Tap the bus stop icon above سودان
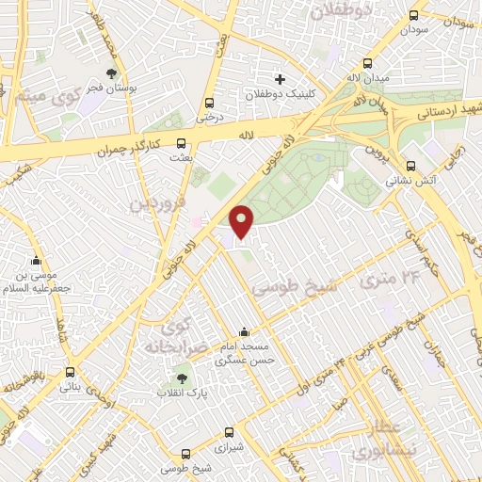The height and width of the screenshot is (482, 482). coord(414,15)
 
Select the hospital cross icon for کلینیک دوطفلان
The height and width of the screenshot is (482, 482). coord(280,78)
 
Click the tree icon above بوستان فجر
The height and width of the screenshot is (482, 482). coord(112,72)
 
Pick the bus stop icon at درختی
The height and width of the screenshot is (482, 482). coord(208,103)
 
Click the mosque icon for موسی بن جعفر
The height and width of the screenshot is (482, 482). coord(37,261)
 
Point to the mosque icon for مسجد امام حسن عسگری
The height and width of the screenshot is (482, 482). coord(245,331)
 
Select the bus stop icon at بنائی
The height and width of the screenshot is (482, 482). coord(70,371)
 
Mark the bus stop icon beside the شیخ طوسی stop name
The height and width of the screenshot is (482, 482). coord(186,452)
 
